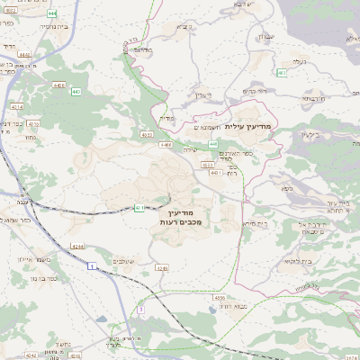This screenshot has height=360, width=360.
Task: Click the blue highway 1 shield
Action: (x=92, y=266)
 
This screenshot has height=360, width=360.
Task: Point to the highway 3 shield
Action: (x=140, y=310)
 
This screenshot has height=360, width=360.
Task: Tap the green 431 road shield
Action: (x=139, y=208)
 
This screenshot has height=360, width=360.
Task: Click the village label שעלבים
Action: (x=124, y=261)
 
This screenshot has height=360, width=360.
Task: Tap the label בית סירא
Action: (x=253, y=222)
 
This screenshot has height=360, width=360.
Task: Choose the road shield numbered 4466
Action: (x=166, y=144)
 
